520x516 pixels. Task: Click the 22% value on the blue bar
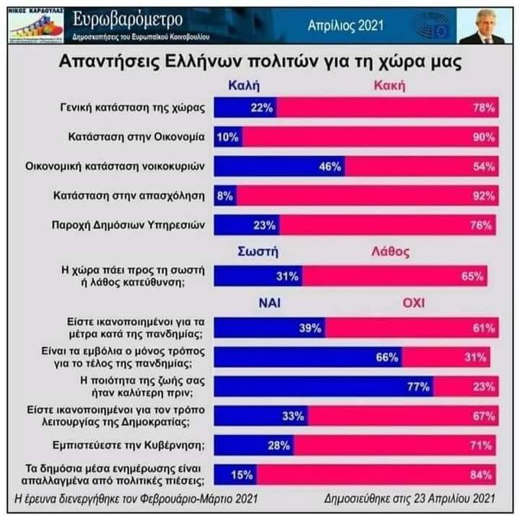[262, 109]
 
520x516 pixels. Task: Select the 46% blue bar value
[330, 167]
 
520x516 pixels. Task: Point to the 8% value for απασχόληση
[225, 196]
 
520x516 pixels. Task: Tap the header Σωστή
[258, 250]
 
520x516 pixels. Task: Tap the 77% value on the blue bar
[418, 386]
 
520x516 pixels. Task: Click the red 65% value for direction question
[474, 276]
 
